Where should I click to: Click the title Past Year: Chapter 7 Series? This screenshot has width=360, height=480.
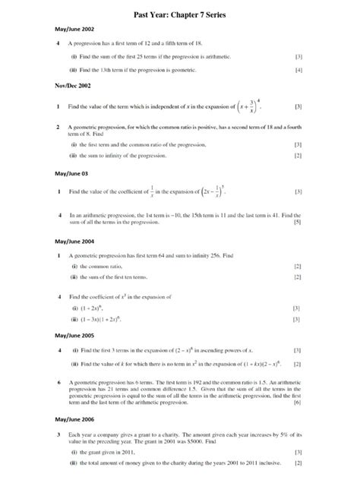(x=180, y=14)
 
